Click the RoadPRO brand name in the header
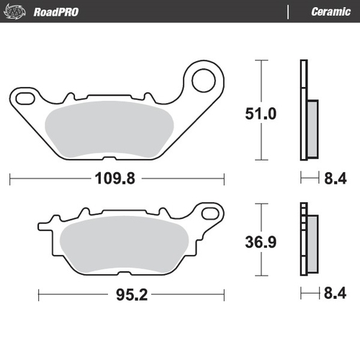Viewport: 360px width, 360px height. click(x=55, y=12)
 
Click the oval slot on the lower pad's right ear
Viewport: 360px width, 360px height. click(x=210, y=213)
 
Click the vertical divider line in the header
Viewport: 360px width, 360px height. click(x=287, y=12)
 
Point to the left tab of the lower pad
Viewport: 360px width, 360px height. click(x=45, y=229)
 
